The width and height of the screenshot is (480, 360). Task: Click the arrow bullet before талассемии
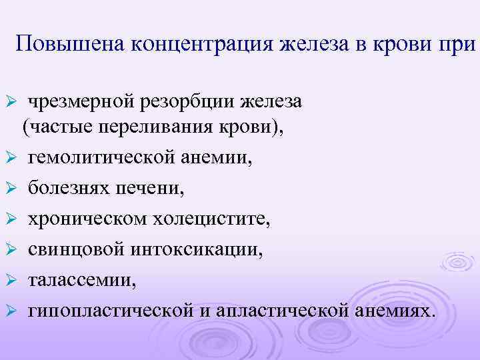11,280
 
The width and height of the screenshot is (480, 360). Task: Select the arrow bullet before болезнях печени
11,189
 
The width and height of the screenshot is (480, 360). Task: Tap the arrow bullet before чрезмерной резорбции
11,103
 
